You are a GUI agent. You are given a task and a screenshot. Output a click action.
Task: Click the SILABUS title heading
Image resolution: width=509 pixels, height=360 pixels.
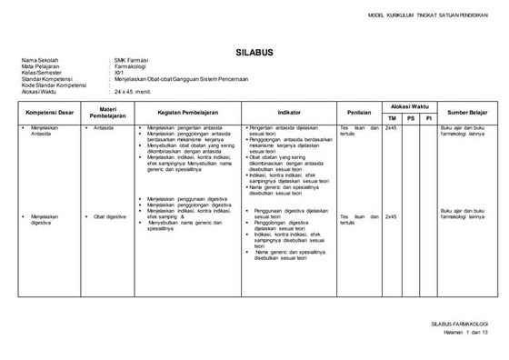tap(254, 54)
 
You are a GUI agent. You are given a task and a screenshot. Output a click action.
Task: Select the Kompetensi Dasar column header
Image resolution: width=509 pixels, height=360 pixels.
tap(48, 112)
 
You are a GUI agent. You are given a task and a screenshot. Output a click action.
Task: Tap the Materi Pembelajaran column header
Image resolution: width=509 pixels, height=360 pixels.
tap(106, 112)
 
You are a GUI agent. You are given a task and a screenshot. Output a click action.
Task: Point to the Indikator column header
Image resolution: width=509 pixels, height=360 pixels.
tap(289, 112)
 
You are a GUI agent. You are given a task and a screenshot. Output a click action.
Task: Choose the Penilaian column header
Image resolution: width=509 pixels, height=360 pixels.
tap(358, 112)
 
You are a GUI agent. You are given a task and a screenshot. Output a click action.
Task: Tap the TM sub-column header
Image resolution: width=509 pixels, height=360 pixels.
tap(392, 118)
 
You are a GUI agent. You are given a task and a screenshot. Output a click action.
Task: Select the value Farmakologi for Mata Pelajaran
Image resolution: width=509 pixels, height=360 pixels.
tap(128, 66)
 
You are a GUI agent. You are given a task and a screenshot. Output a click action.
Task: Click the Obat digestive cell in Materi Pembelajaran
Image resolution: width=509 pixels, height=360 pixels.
tap(109, 216)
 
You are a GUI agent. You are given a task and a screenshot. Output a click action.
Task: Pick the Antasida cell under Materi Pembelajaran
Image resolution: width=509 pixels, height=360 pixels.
tap(103, 128)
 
